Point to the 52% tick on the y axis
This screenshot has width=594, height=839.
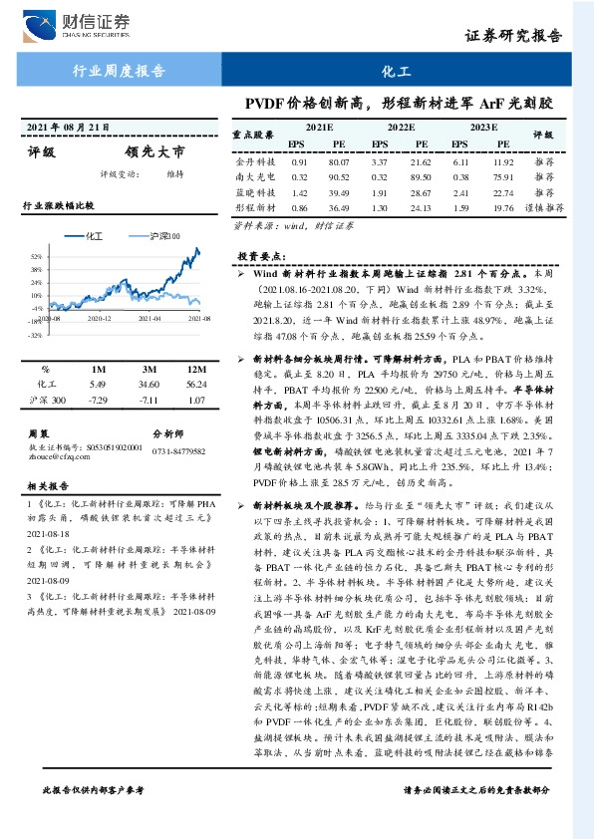click(x=35, y=256)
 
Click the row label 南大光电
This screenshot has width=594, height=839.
click(x=253, y=176)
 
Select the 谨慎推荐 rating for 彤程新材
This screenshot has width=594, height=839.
click(x=544, y=207)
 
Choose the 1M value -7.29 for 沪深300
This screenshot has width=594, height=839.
click(x=97, y=400)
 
